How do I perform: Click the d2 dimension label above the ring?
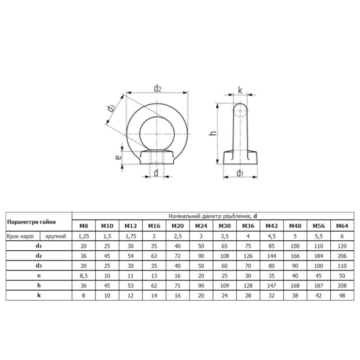157,88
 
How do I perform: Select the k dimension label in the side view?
240,90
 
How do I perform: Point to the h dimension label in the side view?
213,133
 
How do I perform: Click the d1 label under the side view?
240,173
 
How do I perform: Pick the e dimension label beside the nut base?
118,157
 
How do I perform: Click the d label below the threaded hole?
156,172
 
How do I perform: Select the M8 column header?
84,226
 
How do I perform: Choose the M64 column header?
342,226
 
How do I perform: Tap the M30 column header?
225,226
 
